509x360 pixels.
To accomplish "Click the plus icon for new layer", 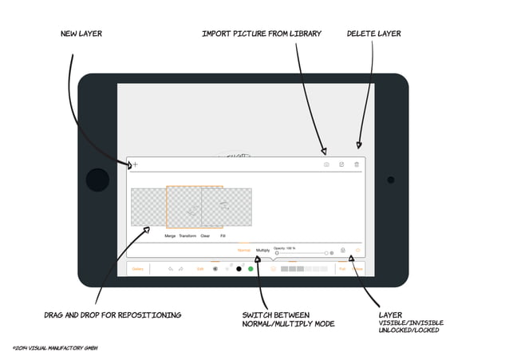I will (x=135, y=164).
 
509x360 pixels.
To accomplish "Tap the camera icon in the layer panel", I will (x=326, y=164).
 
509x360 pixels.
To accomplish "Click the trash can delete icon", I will (x=357, y=164).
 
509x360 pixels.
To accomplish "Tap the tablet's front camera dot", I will (x=390, y=180).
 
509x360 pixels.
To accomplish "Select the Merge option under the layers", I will (x=170, y=235).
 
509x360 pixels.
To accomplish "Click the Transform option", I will (x=187, y=235).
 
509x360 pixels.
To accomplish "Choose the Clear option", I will (x=205, y=235).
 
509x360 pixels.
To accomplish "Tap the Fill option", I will (x=223, y=235).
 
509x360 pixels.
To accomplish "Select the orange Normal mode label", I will (x=244, y=251).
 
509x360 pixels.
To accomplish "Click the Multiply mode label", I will (x=262, y=251).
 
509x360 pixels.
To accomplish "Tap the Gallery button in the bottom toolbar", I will (x=138, y=269).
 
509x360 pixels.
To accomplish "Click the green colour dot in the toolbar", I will (x=251, y=269).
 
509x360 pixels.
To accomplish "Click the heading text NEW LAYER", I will (x=81, y=34).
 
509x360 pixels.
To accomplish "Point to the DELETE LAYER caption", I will (x=373, y=34).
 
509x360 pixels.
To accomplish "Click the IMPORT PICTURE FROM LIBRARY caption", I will (x=262, y=34).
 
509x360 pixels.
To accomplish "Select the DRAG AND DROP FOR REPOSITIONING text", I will (x=112, y=315).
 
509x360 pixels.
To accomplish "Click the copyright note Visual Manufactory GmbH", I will (x=54, y=348).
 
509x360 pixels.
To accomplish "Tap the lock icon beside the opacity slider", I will (x=342, y=251).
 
